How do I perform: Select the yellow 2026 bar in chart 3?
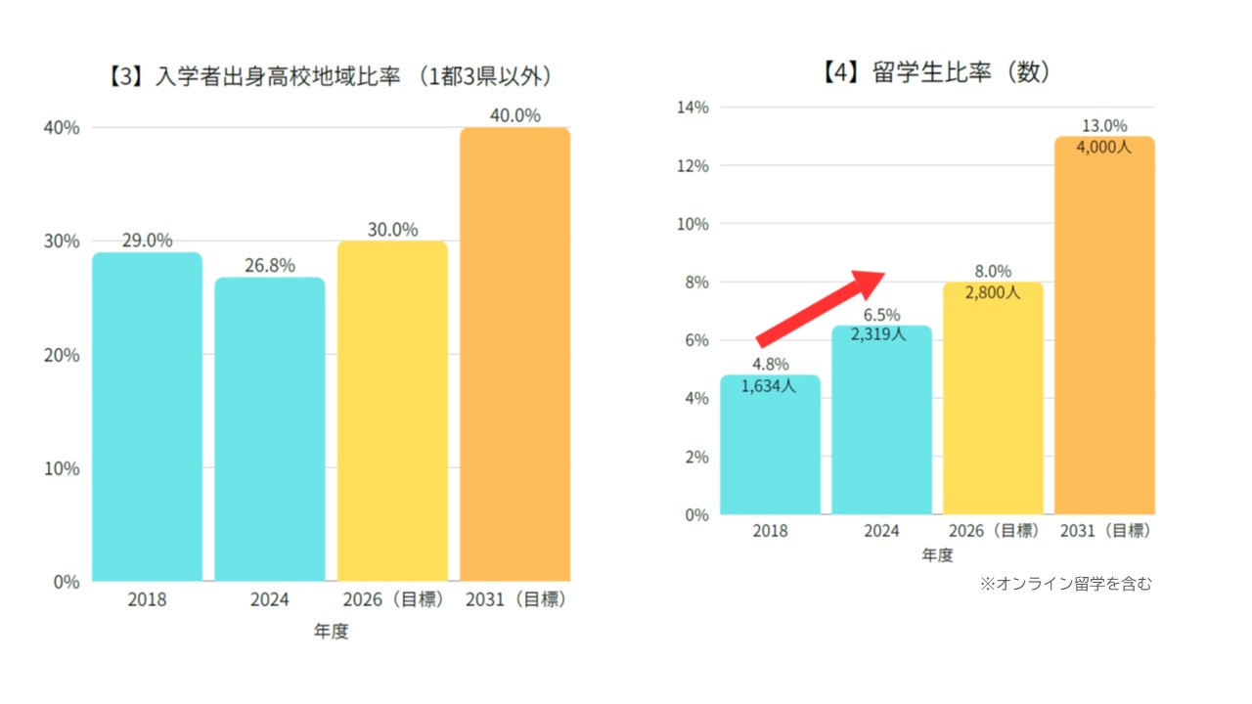tap(392, 411)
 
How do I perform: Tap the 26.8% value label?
tap(270, 266)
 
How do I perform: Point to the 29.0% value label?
tap(147, 241)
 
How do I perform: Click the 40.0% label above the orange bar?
tap(514, 115)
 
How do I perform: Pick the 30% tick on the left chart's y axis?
tap(61, 242)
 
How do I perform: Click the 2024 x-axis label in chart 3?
tap(270, 599)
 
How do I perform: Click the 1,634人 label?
tap(769, 386)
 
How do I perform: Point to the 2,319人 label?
tap(880, 334)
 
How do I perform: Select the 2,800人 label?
tap(993, 292)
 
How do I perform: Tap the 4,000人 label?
tap(1103, 148)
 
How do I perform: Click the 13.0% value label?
tap(1103, 126)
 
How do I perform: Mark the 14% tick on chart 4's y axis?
tap(693, 108)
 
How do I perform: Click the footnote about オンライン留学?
tap(1066, 584)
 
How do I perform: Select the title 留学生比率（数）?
tap(937, 72)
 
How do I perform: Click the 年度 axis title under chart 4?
tap(937, 555)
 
